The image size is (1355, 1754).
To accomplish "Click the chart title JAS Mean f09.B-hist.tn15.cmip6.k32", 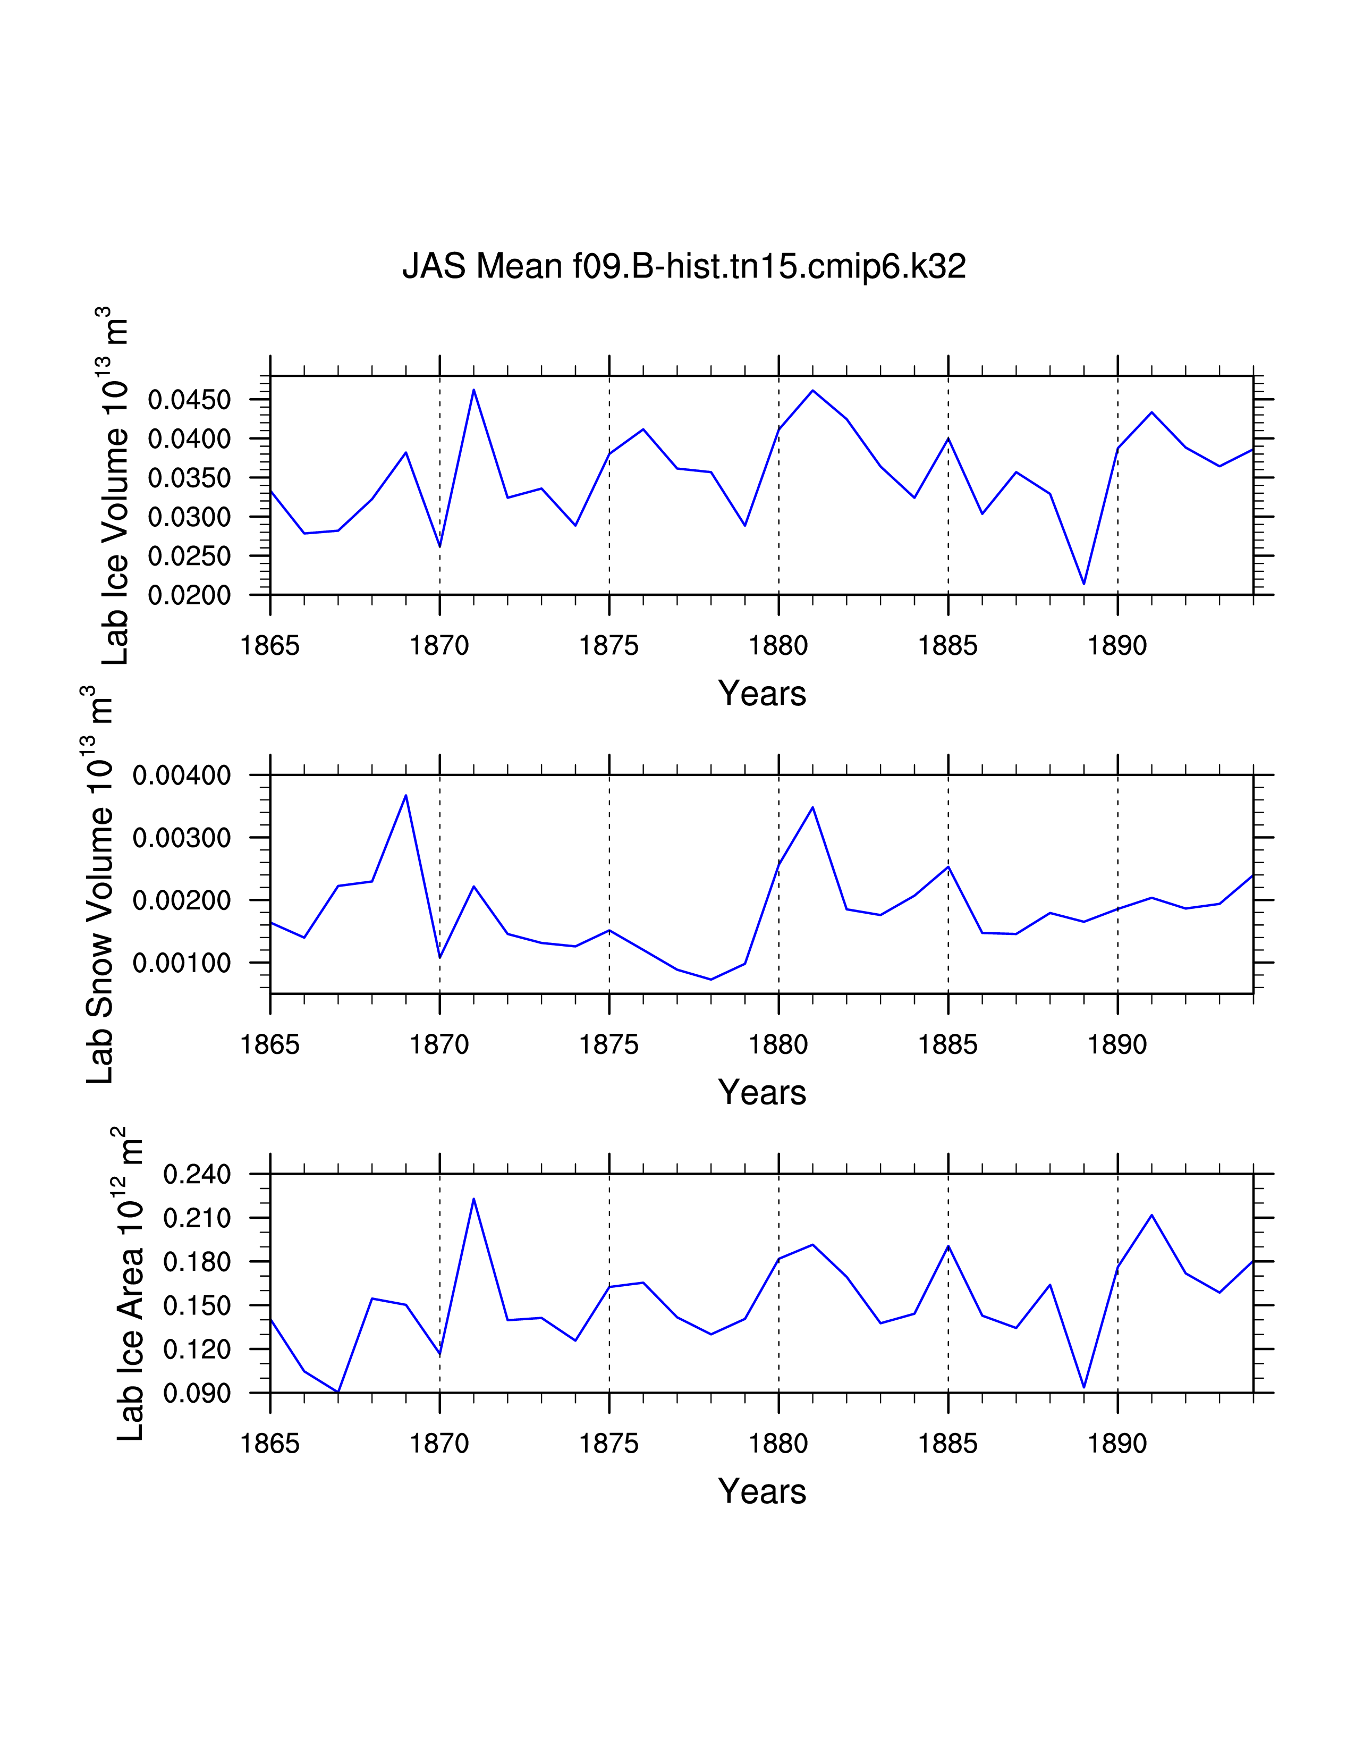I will pyautogui.click(x=683, y=266).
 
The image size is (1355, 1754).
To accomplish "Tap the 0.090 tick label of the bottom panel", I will pyautogui.click(x=197, y=1394).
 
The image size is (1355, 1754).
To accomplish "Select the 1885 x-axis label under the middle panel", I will pyautogui.click(x=948, y=1045).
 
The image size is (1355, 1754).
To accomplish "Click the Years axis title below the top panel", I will pyautogui.click(x=762, y=694).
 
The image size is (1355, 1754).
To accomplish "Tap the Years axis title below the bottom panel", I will pyautogui.click(x=762, y=1491).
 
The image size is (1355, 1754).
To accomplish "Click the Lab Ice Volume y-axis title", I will pyautogui.click(x=114, y=486).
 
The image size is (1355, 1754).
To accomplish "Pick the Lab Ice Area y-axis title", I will pyautogui.click(x=129, y=1284).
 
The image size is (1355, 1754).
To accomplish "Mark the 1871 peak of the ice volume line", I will pyautogui.click(x=473, y=390).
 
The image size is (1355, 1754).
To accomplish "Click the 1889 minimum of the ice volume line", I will pyautogui.click(x=1083, y=584).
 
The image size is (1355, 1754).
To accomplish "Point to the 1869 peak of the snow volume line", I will pyautogui.click(x=406, y=796).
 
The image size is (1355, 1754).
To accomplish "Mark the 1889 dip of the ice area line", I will pyautogui.click(x=1083, y=1387).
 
